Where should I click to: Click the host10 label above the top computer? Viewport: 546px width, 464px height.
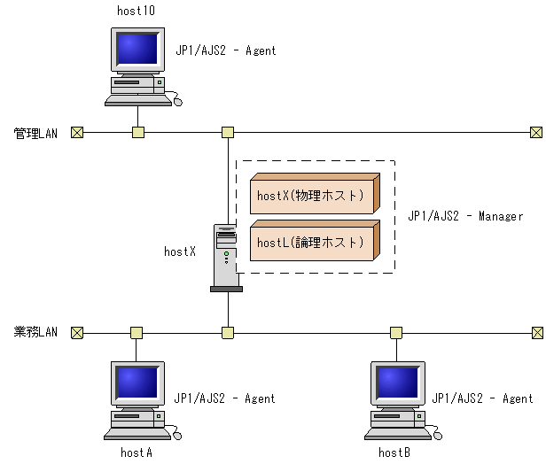[136, 10]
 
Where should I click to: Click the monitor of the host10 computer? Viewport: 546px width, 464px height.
[136, 50]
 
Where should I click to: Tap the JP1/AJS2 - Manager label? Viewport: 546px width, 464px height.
[465, 216]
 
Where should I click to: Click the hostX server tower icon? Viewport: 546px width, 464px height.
[226, 258]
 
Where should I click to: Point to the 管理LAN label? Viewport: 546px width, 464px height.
[35, 134]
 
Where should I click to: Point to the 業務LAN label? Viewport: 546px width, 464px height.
[35, 333]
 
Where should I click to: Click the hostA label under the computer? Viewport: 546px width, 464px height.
[136, 452]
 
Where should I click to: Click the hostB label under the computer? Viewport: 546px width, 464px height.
[394, 452]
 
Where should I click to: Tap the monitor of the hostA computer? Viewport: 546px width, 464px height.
[136, 383]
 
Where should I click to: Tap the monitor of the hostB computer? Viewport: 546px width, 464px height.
[396, 383]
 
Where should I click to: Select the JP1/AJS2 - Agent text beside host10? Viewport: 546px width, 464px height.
[226, 50]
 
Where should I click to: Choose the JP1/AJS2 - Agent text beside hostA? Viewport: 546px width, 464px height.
[225, 398]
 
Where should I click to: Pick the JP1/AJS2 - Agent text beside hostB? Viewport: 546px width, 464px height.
[482, 398]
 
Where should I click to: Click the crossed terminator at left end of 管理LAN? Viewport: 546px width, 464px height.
[77, 133]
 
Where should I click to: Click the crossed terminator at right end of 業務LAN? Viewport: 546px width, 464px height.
[536, 333]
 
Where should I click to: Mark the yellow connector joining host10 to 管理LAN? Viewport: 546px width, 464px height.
[137, 133]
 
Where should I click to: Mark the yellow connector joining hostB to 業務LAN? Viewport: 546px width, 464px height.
[395, 333]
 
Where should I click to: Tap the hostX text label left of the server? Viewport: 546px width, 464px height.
[180, 251]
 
